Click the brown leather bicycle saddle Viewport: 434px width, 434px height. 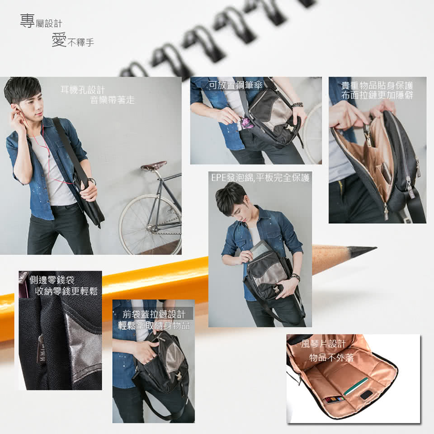point(154,166)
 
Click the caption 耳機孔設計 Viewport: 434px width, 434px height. point(83,90)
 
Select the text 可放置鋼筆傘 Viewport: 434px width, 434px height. point(236,85)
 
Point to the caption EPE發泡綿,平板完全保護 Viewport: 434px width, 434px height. point(260,177)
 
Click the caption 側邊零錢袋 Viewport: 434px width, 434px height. point(52,280)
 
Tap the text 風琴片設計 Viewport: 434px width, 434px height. point(323,344)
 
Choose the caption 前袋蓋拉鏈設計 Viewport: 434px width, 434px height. point(154,314)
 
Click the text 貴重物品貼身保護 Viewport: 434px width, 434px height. point(377,85)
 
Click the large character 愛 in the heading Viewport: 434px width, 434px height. point(59,40)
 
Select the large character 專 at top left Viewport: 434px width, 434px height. point(27,21)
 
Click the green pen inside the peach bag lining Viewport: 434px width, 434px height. point(356,386)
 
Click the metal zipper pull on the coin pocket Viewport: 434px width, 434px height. point(40,349)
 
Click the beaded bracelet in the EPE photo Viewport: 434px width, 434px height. point(296,277)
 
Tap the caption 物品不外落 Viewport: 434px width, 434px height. point(331,358)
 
